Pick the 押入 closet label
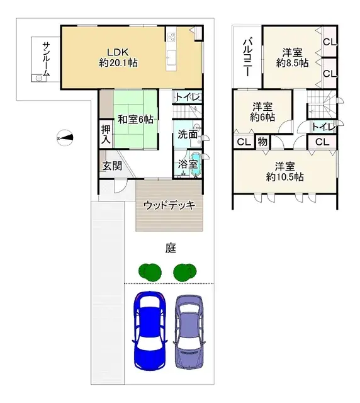[106, 133]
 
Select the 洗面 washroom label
[187, 134]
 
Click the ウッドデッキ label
[169, 205]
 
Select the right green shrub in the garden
[184, 272]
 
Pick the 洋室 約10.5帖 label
[284, 172]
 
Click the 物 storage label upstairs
[262, 142]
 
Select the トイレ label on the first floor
[188, 97]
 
